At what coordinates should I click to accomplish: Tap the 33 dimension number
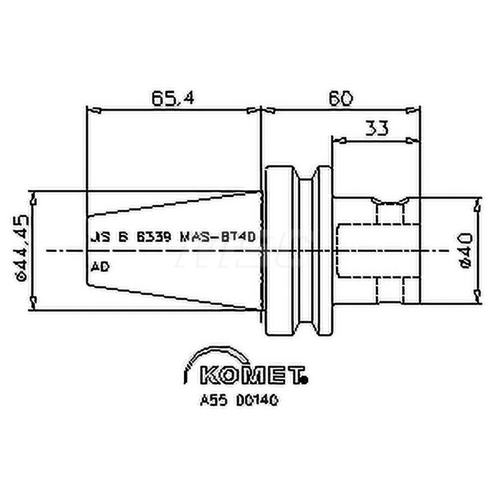(x=377, y=128)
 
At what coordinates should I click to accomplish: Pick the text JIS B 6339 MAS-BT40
(x=172, y=238)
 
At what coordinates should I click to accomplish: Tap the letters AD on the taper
(x=100, y=267)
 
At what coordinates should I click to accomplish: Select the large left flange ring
(x=281, y=251)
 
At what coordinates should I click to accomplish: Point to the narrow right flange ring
(x=324, y=251)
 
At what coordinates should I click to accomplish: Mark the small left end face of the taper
(x=87, y=251)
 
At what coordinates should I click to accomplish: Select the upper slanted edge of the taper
(x=174, y=204)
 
